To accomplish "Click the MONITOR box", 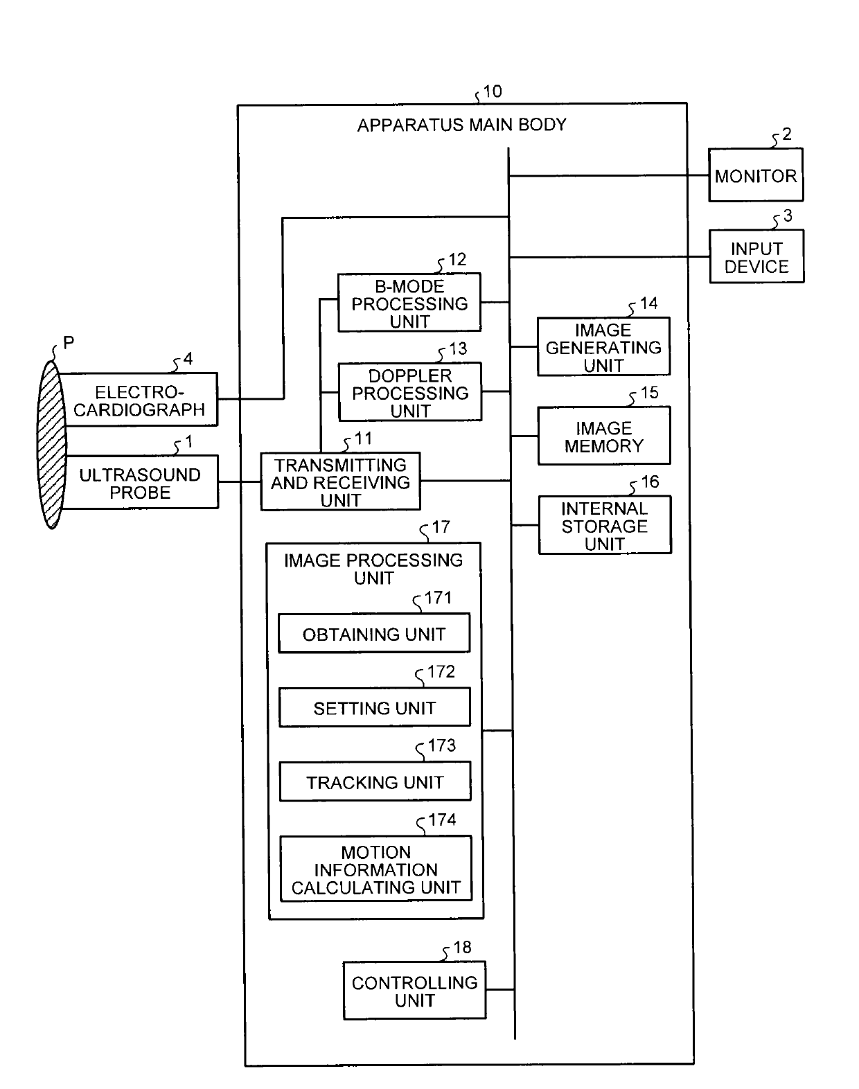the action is pyautogui.click(x=755, y=175).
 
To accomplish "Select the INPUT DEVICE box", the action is pyautogui.click(x=756, y=256).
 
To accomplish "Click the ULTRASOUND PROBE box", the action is pyautogui.click(x=140, y=482).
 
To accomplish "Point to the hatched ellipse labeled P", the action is pyautogui.click(x=52, y=445).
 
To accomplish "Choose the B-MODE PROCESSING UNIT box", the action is pyautogui.click(x=409, y=303).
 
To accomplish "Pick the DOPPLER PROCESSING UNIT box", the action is pyautogui.click(x=410, y=391).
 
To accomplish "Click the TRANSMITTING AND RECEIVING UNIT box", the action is pyautogui.click(x=340, y=481).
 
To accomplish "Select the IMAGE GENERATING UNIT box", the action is pyautogui.click(x=603, y=346).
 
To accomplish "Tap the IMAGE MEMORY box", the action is pyautogui.click(x=604, y=436).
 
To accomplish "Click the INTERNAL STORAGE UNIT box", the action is pyautogui.click(x=605, y=525).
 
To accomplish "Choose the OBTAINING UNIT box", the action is pyautogui.click(x=374, y=633).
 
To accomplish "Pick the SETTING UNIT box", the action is pyautogui.click(x=375, y=707).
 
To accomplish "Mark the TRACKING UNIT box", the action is pyautogui.click(x=375, y=782).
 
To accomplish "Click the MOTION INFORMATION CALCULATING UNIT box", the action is pyautogui.click(x=376, y=869).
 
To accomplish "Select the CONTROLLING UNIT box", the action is pyautogui.click(x=414, y=991).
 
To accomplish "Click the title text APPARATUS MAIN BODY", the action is pyautogui.click(x=461, y=125).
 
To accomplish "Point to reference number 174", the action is pyautogui.click(x=442, y=820).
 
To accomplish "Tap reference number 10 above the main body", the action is pyautogui.click(x=492, y=91).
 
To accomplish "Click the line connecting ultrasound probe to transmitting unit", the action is pyautogui.click(x=240, y=481).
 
